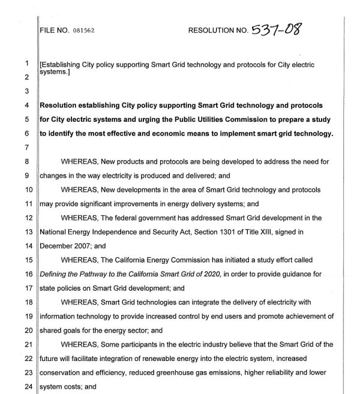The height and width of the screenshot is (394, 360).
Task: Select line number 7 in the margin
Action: point(26,147)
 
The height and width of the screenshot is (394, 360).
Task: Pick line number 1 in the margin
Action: point(26,64)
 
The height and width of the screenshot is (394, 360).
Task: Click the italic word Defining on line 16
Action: point(56,274)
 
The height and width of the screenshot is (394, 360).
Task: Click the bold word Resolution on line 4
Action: point(62,106)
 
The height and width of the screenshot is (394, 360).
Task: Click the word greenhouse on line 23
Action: point(182,372)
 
